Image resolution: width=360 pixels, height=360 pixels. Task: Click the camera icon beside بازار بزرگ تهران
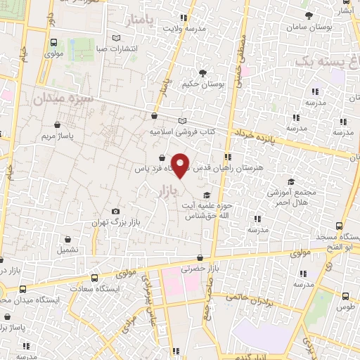click(x=115, y=211)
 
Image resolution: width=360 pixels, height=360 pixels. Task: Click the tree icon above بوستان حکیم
click(x=203, y=72)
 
